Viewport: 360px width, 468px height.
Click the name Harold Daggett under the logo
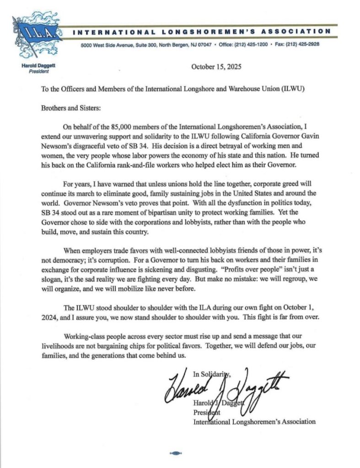pos(35,66)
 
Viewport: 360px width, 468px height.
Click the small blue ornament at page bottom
pos(176,453)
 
